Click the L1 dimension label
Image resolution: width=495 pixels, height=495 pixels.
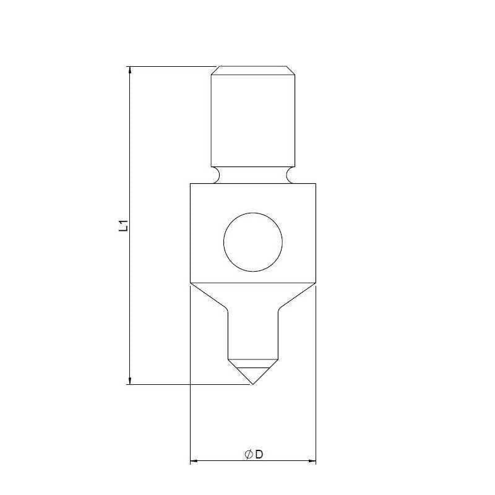124,225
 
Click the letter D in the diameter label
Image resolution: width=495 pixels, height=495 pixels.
259,455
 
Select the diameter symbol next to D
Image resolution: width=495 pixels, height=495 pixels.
248,455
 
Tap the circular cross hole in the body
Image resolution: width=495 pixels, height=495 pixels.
253,242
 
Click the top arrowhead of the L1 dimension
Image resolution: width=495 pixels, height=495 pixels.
130,70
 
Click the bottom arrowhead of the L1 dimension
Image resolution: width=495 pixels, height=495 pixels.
130,380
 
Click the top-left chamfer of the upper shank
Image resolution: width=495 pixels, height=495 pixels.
214,71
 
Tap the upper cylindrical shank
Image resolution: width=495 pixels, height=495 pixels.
253,118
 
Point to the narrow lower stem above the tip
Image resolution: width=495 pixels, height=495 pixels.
253,334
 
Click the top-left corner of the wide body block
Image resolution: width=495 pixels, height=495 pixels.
190,184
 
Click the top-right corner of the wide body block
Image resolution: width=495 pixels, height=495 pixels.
316,184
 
